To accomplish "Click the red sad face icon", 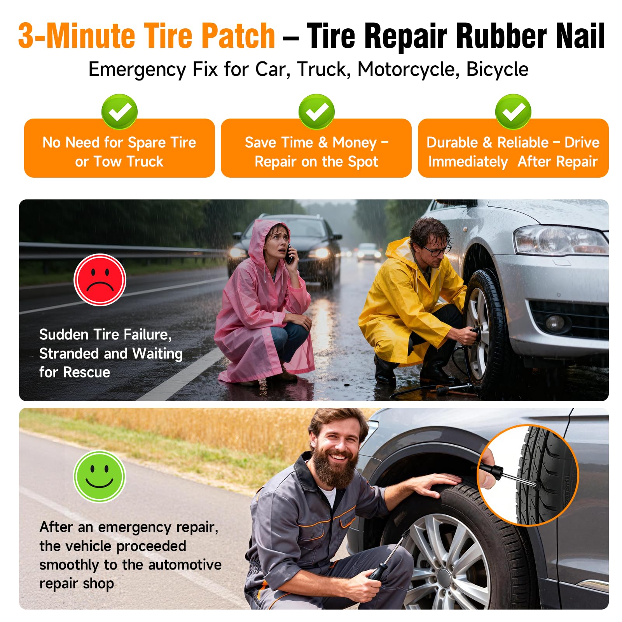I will point(100,280).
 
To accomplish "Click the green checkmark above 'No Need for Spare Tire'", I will point(119,112).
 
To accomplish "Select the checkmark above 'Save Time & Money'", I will point(316,112).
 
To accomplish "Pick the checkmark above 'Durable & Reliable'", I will point(513,112).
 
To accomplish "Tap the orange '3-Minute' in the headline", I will point(78,36).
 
